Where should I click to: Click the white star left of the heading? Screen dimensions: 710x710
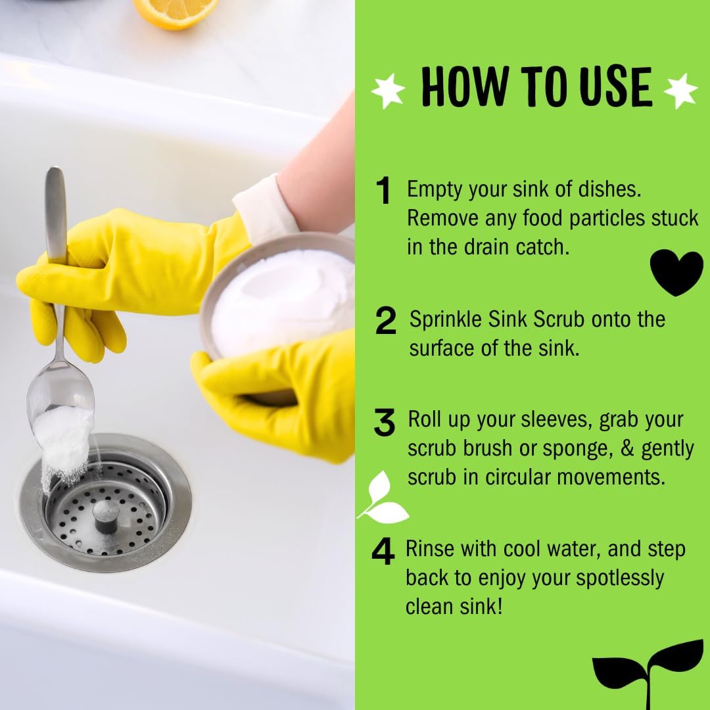(388, 91)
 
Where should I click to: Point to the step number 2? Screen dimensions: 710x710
(386, 321)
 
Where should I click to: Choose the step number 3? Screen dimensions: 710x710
(385, 423)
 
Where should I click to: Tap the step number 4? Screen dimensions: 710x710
(383, 552)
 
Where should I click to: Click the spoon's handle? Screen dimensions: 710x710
(56, 217)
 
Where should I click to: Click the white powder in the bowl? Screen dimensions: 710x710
(283, 302)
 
